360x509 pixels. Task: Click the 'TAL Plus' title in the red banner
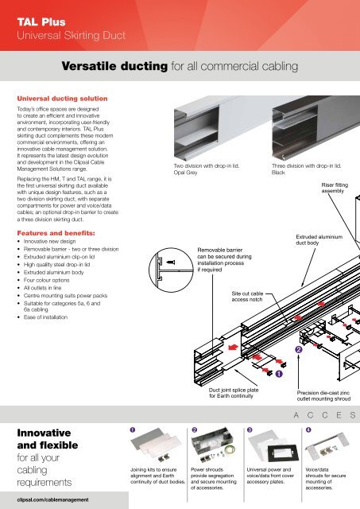point(41,21)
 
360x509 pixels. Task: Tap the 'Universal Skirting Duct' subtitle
point(71,35)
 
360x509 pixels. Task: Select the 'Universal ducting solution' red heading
point(62,99)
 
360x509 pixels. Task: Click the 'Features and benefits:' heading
point(56,233)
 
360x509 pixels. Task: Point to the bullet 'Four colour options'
point(46,280)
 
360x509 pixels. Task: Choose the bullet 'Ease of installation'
point(45,317)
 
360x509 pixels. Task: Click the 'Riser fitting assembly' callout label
point(335,188)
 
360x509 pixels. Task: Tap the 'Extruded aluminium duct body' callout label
point(319,239)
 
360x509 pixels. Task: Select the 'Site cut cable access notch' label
point(247,297)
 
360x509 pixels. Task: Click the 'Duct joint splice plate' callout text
point(234,390)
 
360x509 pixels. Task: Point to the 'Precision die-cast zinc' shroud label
point(323,393)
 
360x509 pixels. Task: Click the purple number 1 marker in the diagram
point(279,374)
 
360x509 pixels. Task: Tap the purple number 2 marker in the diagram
point(299,350)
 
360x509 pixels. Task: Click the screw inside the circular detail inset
point(171,262)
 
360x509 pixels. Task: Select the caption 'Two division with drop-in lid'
point(207,165)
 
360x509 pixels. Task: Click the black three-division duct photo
point(315,128)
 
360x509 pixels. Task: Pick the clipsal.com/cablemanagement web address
point(52,499)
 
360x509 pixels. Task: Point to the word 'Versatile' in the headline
point(87,66)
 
